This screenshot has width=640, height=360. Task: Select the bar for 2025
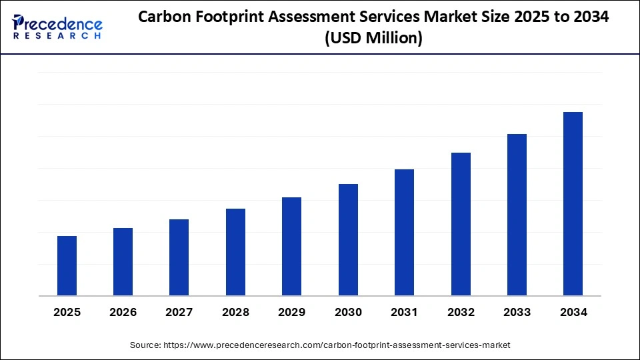(67, 266)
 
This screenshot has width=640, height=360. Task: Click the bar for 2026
(123, 262)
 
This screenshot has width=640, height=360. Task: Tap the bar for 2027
(179, 257)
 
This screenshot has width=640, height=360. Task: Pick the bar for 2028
(235, 252)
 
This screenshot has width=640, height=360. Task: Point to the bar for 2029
(291, 247)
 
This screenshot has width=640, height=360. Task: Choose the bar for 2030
(348, 240)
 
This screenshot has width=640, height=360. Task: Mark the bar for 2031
(404, 233)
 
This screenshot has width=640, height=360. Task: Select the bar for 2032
(461, 224)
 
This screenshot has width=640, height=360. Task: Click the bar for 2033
(517, 215)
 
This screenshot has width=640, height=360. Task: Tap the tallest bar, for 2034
(573, 204)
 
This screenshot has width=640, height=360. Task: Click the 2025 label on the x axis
(67, 312)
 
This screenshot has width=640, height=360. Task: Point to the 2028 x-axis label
(235, 312)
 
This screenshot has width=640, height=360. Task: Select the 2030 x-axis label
(348, 312)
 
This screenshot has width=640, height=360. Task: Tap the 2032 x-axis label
(461, 312)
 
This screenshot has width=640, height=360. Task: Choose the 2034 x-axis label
(573, 312)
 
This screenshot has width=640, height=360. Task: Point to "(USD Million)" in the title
(373, 39)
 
